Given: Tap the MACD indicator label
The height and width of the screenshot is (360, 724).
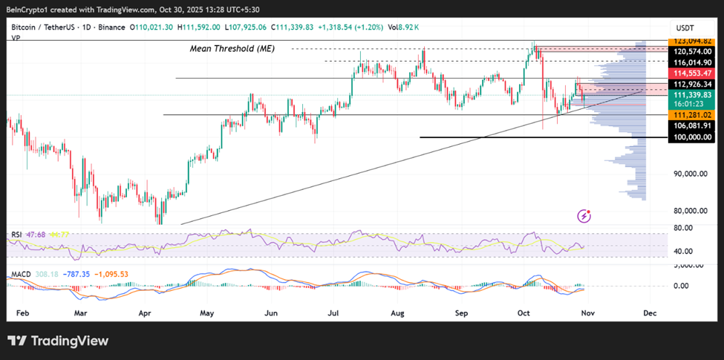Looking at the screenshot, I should click(x=21, y=275).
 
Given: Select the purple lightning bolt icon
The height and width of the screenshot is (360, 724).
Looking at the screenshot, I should click(x=584, y=216).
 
